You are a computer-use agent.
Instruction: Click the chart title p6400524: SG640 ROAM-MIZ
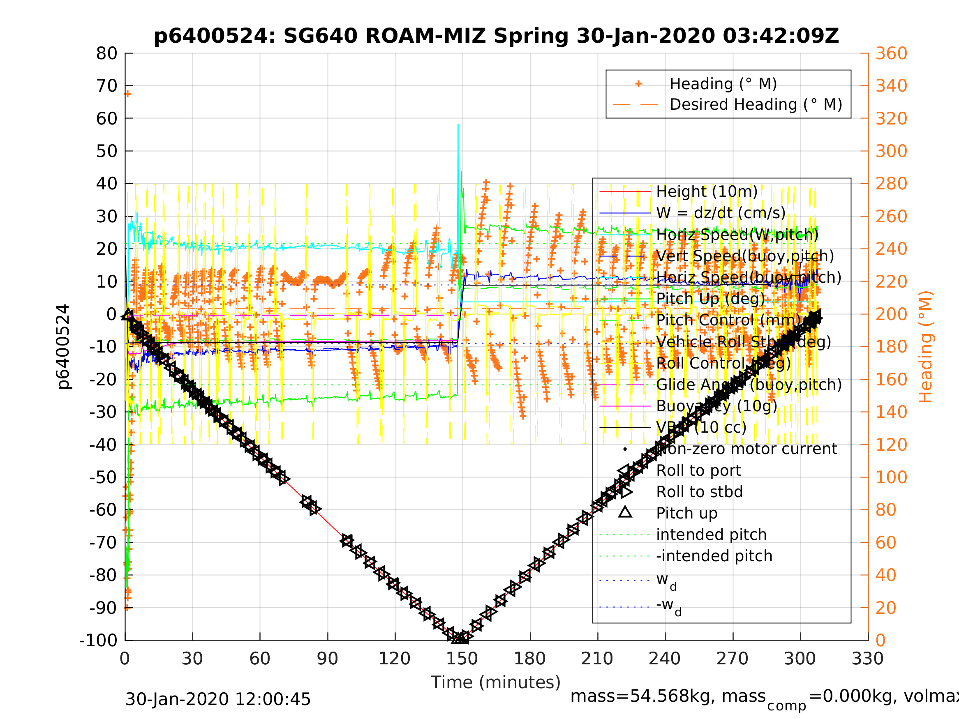tap(496, 36)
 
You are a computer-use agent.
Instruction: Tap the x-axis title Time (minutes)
tap(496, 682)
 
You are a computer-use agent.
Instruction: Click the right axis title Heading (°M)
tap(926, 347)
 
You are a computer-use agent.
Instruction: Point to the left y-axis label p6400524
tap(64, 347)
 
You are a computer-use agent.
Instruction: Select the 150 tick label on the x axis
tap(462, 659)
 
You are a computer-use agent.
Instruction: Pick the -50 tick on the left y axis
tap(103, 477)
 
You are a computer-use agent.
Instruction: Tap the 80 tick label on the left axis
tap(106, 54)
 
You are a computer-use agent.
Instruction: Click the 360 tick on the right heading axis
tap(891, 54)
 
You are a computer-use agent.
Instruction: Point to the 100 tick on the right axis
tap(891, 477)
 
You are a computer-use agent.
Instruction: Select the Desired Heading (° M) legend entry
tap(756, 104)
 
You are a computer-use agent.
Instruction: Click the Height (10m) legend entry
tap(707, 191)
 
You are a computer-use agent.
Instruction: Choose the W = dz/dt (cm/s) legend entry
tap(721, 213)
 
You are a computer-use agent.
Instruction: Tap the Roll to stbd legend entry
tap(699, 492)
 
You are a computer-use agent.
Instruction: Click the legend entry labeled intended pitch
tap(711, 535)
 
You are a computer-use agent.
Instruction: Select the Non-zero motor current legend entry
tap(746, 449)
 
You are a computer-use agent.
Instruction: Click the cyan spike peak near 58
tap(458, 125)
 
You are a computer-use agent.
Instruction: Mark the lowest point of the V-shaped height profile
tap(460, 638)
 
